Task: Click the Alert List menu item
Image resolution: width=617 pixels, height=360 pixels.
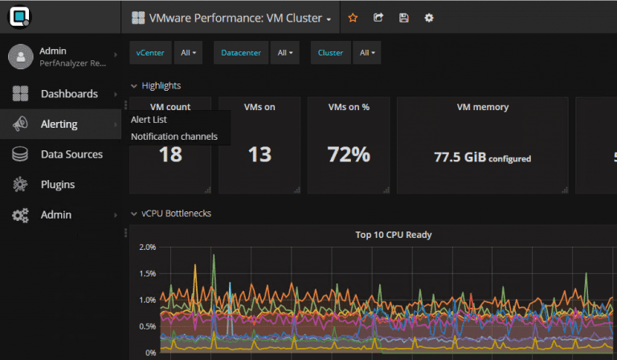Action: [x=149, y=120]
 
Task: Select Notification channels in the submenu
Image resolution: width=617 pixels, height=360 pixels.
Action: [x=174, y=137]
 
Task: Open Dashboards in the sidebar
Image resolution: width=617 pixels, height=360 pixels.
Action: [x=69, y=94]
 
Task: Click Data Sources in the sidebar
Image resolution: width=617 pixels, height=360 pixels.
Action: [x=72, y=154]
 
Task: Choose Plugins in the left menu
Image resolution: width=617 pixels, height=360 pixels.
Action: [x=58, y=185]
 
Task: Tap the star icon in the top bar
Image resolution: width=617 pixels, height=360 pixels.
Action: [x=352, y=18]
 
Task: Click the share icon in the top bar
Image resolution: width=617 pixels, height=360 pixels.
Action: [x=378, y=18]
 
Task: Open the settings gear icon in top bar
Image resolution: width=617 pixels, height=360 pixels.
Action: [x=429, y=18]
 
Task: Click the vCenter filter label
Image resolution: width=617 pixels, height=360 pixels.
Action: [x=150, y=53]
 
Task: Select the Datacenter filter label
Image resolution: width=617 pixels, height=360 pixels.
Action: [x=240, y=53]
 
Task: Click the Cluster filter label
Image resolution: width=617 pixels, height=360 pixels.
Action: [x=330, y=53]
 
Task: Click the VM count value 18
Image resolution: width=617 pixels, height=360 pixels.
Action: [x=170, y=154]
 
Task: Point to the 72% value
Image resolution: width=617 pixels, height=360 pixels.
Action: [x=349, y=154]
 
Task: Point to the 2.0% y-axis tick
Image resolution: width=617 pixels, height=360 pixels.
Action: [x=147, y=247]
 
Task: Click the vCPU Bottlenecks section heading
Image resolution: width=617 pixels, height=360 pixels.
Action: [x=176, y=215]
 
